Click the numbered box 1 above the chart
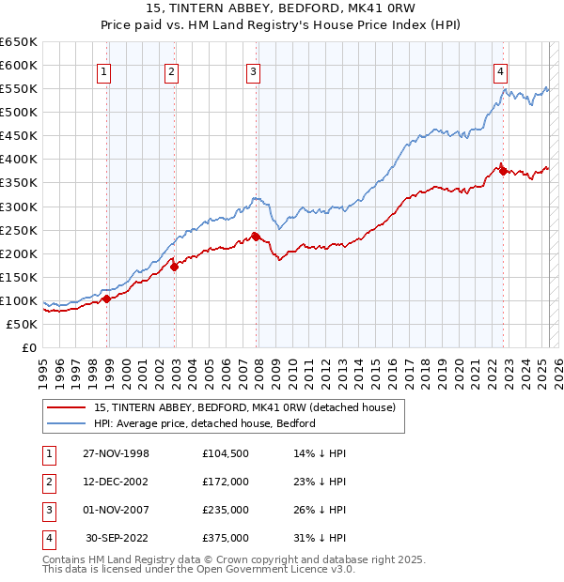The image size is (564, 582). coord(103,70)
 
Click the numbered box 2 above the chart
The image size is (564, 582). coord(171,70)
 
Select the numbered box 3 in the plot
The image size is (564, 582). coord(254,70)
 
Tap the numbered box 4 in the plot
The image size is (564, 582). coord(501,70)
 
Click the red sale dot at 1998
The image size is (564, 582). coord(107,299)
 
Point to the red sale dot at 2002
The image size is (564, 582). coord(175,267)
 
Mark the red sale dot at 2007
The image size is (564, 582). coord(256,237)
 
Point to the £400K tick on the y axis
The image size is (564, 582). coord(18,159)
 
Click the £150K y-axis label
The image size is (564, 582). coord(18,277)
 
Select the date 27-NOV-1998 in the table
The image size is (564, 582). coord(116,453)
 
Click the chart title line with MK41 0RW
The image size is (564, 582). coord(282,9)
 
